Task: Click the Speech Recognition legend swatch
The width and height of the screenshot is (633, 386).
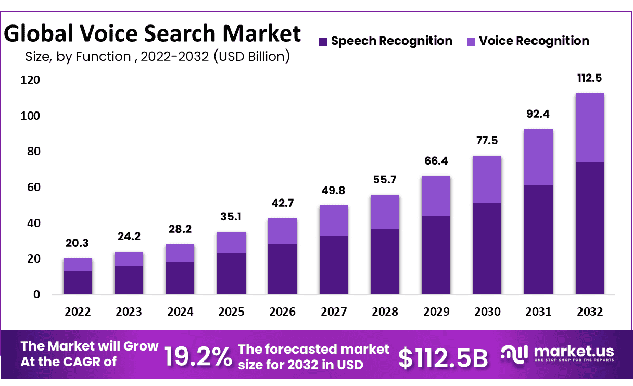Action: [x=323, y=41]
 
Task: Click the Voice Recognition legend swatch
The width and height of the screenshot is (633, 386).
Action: [x=471, y=41]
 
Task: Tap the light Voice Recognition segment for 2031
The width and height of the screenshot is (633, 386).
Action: [x=538, y=157]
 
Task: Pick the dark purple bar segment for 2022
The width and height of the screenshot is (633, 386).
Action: [x=78, y=282]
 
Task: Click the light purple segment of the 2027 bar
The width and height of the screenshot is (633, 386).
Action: [x=334, y=220]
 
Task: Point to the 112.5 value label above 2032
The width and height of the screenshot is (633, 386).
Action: [x=589, y=79]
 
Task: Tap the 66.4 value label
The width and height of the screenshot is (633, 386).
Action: [x=436, y=161]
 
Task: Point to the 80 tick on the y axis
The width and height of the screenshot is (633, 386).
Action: [x=33, y=152]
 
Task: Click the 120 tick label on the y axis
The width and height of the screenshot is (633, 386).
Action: [x=31, y=80]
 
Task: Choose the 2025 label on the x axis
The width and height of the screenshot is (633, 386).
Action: [x=231, y=312]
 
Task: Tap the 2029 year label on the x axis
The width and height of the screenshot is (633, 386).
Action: [x=436, y=312]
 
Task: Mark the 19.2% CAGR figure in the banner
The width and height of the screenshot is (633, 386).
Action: [x=198, y=357]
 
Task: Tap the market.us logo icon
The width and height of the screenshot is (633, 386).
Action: [x=514, y=353]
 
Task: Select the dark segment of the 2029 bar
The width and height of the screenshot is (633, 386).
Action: [x=436, y=255]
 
